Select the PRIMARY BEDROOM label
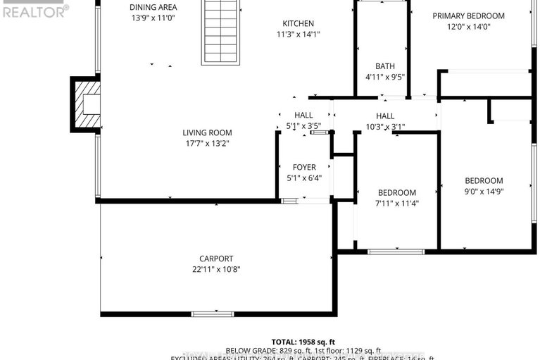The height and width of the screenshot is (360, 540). pyautogui.click(x=468, y=16)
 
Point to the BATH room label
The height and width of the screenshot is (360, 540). pyautogui.click(x=384, y=66)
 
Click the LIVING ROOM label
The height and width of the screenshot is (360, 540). pyautogui.click(x=207, y=132)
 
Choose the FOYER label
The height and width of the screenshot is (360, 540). pyautogui.click(x=304, y=167)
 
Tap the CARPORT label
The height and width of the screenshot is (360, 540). pyautogui.click(x=216, y=259)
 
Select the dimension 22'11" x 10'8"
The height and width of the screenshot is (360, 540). pyautogui.click(x=216, y=269)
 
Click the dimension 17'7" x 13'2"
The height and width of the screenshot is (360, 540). pyautogui.click(x=207, y=144)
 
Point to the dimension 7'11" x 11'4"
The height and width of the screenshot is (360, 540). pyautogui.click(x=397, y=204)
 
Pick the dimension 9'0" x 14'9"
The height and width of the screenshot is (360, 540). pyautogui.click(x=484, y=191)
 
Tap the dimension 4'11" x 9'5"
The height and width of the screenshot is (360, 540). pyautogui.click(x=384, y=77)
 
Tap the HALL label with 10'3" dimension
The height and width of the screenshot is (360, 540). pyautogui.click(x=385, y=116)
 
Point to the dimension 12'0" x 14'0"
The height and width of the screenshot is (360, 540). pyautogui.click(x=468, y=27)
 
